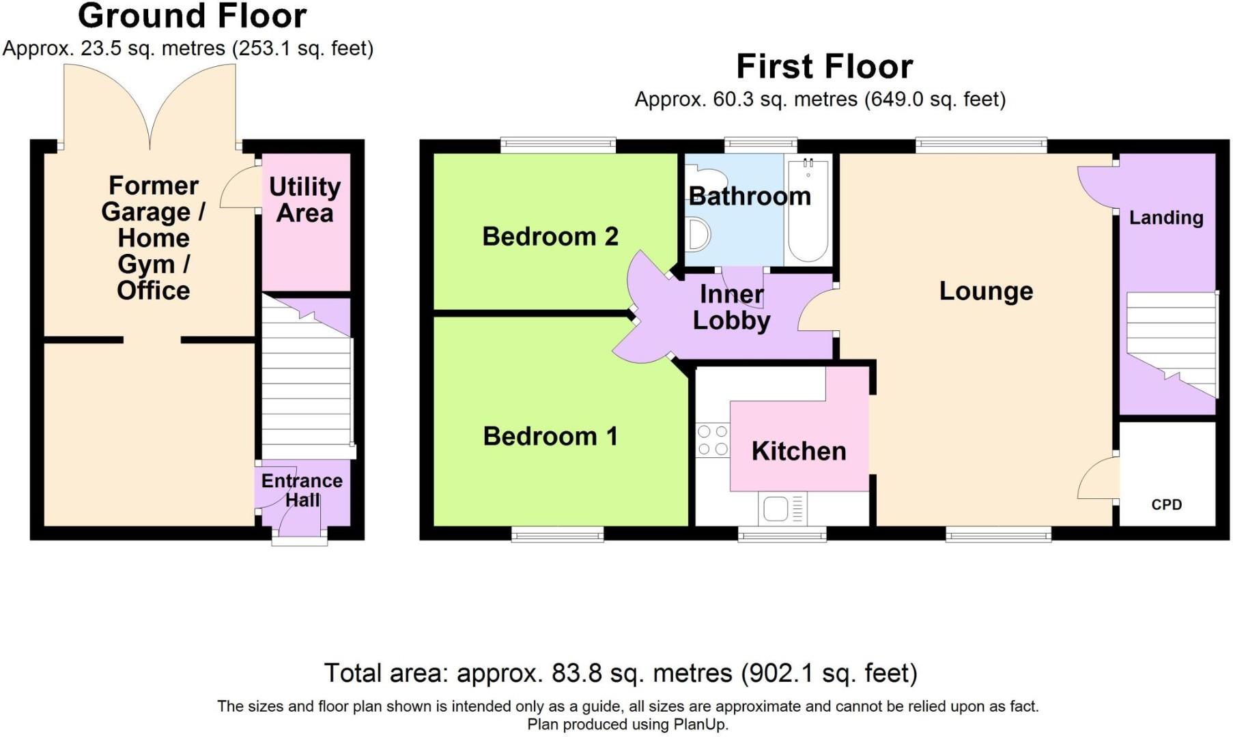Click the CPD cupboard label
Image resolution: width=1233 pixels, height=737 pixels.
coord(1166,504)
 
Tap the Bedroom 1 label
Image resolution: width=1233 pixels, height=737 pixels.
coord(550,436)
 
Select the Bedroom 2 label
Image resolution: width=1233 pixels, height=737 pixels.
coord(550,236)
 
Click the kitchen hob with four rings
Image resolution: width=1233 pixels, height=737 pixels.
coord(712,440)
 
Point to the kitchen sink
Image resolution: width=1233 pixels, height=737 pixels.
coord(782,509)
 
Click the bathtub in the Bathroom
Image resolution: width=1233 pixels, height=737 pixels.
coord(808,209)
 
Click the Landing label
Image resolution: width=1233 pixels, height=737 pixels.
coord(1166,218)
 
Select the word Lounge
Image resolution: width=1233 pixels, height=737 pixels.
coord(986,291)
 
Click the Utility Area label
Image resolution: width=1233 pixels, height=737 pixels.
coord(304,199)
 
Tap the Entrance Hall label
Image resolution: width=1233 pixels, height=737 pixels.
coord(302,490)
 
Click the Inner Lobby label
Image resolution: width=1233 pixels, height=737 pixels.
coord(731,307)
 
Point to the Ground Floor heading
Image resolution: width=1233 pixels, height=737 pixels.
coord(193,16)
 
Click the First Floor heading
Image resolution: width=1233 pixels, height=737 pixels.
coord(824,66)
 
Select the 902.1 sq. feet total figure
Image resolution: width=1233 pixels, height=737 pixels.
coord(830,673)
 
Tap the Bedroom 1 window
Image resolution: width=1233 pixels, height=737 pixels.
coord(558,534)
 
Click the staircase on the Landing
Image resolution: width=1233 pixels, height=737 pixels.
coord(1172,345)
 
